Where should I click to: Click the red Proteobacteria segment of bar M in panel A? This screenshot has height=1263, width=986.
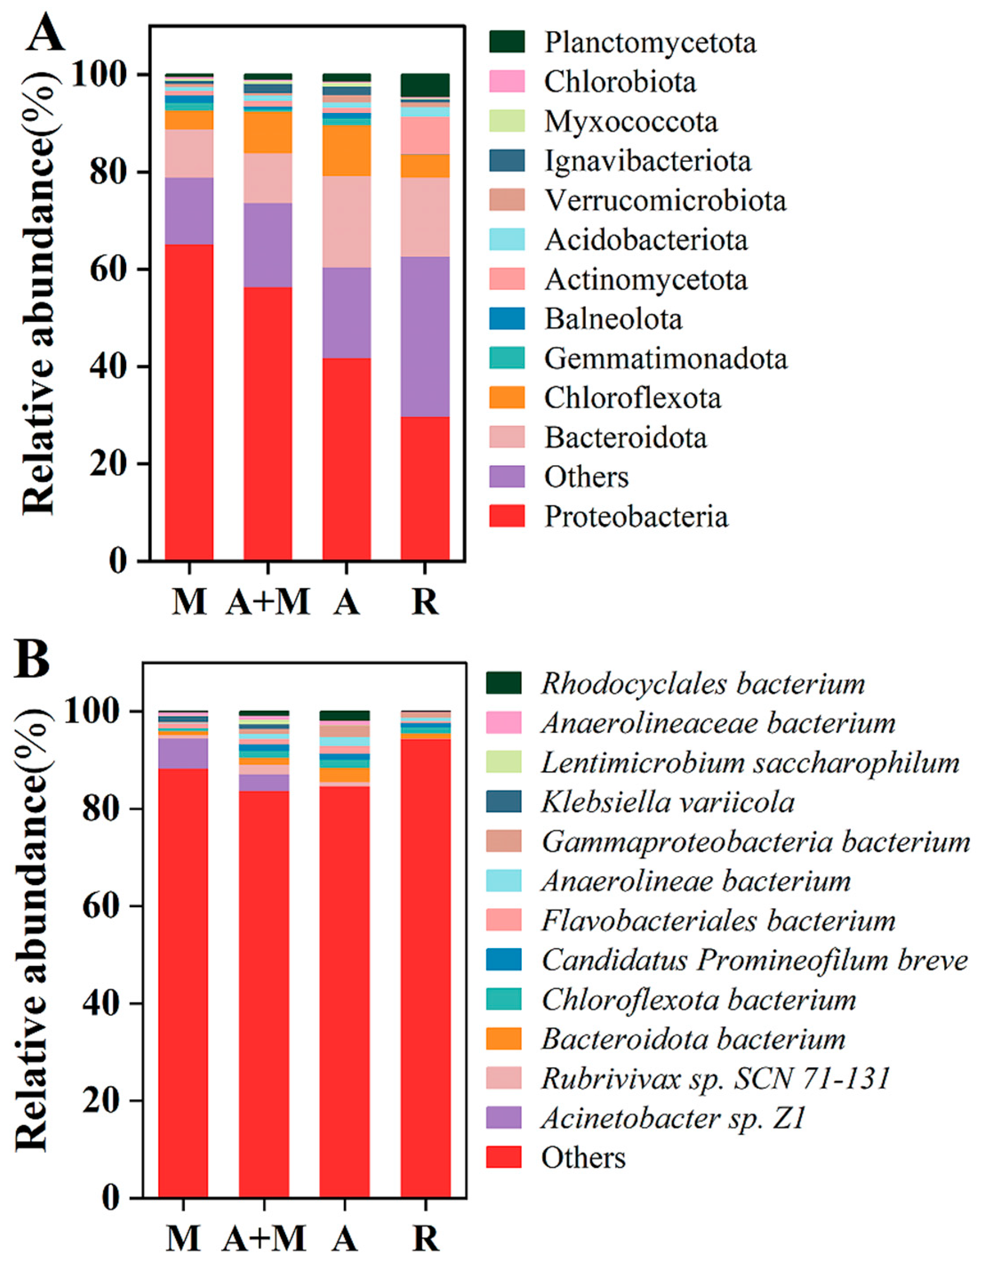(x=189, y=402)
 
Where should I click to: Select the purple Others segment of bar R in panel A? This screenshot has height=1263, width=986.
(x=425, y=336)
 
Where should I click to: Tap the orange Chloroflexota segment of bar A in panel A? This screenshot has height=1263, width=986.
(x=346, y=150)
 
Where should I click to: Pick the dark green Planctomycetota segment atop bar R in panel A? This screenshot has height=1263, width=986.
(x=425, y=85)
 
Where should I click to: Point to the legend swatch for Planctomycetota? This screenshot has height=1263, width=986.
(x=507, y=42)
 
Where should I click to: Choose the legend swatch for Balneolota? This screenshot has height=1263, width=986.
(x=507, y=319)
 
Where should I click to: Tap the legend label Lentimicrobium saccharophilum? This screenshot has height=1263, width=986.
(x=750, y=763)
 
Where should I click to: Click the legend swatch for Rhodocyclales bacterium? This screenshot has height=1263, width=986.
(x=503, y=683)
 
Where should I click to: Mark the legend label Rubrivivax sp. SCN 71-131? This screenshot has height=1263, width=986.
(x=715, y=1078)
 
